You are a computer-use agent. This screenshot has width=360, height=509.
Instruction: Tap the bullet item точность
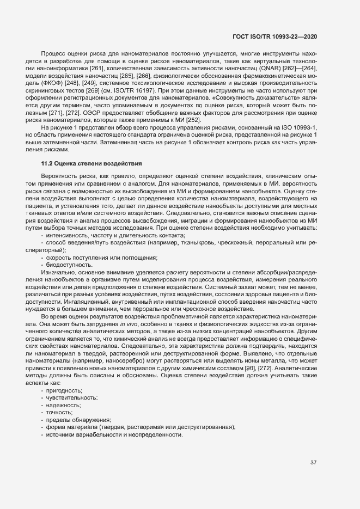(60, 412)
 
